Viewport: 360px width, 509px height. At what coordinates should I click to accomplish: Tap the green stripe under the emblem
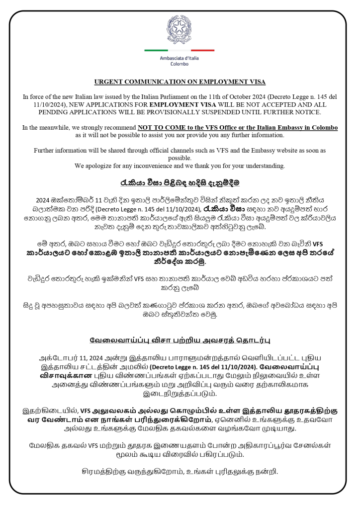156,50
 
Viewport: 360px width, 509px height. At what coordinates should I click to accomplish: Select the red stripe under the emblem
203,50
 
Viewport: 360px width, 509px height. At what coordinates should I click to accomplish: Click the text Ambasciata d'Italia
180,59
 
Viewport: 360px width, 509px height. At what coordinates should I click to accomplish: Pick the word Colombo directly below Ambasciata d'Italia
180,65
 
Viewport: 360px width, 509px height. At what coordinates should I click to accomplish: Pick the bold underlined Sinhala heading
180,182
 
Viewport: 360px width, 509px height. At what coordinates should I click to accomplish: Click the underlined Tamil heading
180,340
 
